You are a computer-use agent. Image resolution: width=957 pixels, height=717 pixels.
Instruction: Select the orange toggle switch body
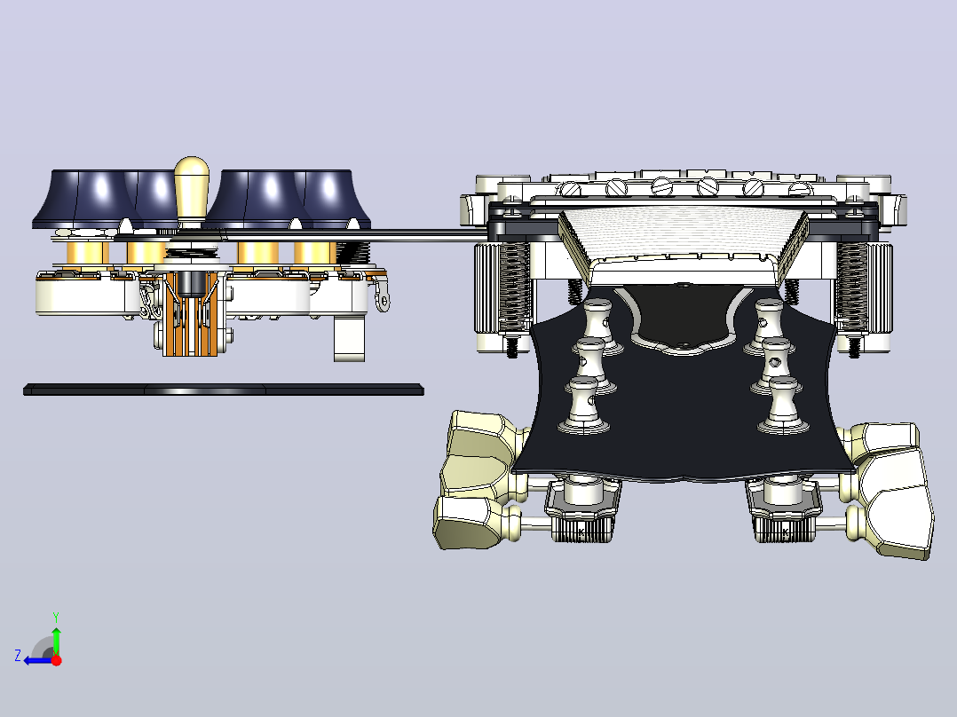click(191, 313)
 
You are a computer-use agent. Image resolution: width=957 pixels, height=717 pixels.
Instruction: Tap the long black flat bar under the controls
click(224, 390)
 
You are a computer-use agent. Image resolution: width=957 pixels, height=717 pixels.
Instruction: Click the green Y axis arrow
click(56, 634)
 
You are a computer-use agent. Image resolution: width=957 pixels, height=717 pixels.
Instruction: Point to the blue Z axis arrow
click(36, 660)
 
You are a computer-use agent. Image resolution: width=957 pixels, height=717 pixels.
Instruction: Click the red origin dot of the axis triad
click(56, 660)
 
